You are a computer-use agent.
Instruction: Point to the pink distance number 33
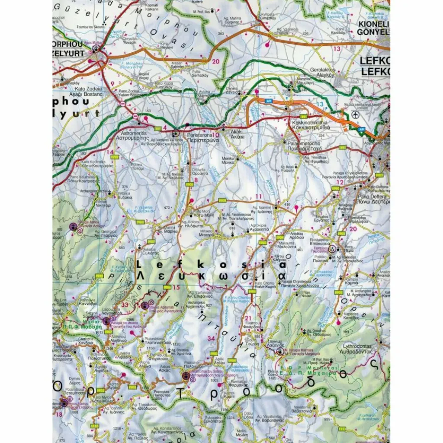125,305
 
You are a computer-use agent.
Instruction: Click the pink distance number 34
212,338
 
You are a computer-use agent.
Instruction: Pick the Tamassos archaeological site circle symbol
332,249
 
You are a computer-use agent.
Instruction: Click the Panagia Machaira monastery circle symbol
281,352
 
